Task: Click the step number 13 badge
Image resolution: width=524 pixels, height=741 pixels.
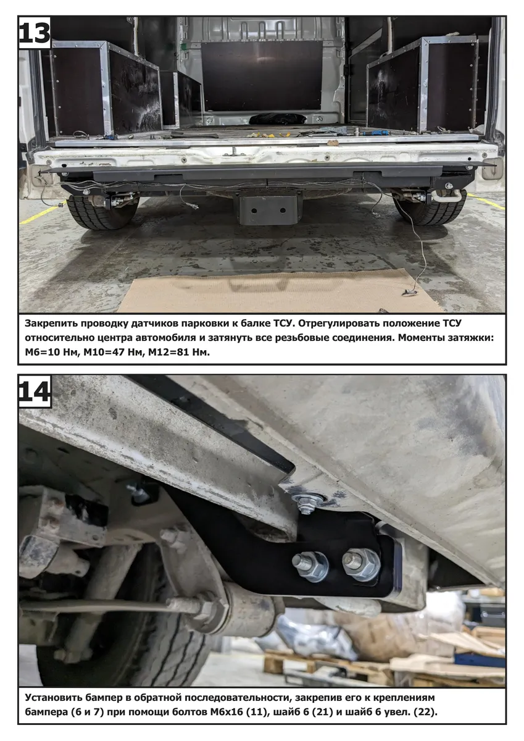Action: pos(35,33)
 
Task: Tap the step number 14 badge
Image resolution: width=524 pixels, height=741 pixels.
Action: pos(35,391)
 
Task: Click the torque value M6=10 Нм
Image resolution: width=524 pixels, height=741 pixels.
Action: pos(51,353)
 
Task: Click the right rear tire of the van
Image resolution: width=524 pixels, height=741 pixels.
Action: pos(430,209)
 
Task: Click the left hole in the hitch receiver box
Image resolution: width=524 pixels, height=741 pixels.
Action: pos(254,211)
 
